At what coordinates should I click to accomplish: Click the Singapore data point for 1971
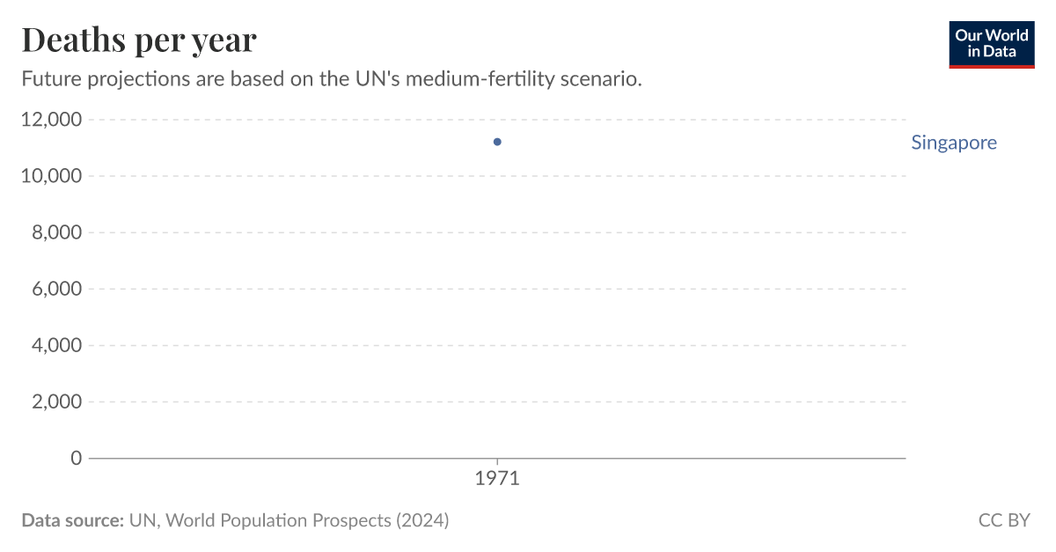pos(497,142)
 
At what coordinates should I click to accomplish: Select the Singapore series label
pos(954,143)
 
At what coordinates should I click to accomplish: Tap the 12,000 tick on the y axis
pos(50,120)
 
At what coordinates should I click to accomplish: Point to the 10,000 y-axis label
pos(50,176)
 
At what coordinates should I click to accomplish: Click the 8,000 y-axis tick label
pos(56,232)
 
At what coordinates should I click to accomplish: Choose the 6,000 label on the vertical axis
pos(56,289)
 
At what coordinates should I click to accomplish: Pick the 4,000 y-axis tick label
pos(56,345)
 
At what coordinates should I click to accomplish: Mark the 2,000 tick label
pos(56,401)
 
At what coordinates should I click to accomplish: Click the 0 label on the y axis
pos(76,458)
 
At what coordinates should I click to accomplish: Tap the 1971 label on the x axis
pos(497,480)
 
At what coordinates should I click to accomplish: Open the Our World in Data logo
pos(992,44)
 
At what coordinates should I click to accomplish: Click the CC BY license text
pos(1004,520)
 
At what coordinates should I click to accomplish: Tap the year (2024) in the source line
pos(422,520)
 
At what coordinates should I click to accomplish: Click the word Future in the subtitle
pos(50,79)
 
